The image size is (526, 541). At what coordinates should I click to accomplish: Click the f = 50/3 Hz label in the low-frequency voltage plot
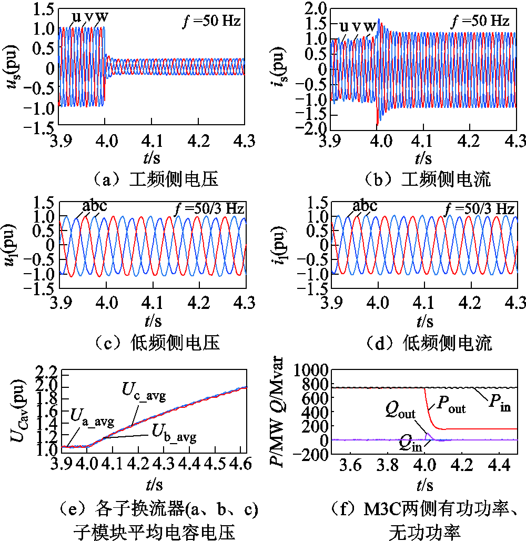209,208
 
